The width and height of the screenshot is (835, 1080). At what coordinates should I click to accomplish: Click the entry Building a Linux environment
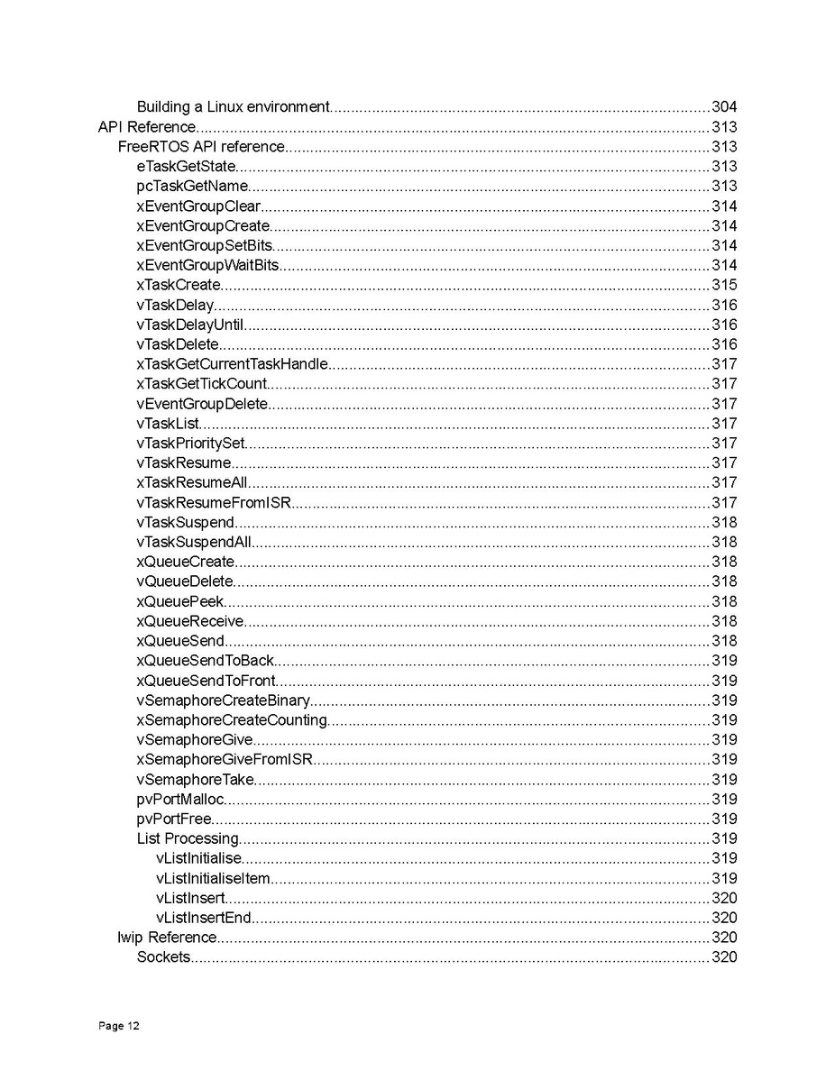coord(233,107)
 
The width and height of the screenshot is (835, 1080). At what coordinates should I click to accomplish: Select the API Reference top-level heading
coord(146,127)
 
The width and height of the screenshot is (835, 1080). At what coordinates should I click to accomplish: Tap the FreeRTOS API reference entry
coord(201,147)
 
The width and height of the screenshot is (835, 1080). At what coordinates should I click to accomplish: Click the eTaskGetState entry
coord(186,167)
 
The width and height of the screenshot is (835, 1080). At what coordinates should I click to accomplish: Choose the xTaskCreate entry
coord(179,286)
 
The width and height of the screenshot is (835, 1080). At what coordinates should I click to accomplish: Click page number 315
coord(724,286)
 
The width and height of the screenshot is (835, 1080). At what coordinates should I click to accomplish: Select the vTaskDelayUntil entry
coord(190,325)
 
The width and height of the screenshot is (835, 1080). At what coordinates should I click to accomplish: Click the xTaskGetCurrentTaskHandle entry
coord(232,364)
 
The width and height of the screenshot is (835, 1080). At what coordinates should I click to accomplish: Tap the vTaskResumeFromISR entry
coord(214,503)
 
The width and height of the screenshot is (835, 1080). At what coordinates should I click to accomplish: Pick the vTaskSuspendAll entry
coord(194,543)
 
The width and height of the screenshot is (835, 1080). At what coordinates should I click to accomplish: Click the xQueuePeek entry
coord(180,602)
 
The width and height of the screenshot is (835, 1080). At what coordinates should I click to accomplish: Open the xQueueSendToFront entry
coord(206,681)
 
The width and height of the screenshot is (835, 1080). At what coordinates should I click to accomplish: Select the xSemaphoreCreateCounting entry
coord(231,720)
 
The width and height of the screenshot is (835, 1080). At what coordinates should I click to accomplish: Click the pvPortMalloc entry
coord(180,800)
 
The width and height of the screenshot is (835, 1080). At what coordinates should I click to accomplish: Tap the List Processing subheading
coord(188,839)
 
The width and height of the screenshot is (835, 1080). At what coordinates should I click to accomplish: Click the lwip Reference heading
coord(167,938)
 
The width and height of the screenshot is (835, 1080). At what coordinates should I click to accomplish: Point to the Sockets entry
coord(163,957)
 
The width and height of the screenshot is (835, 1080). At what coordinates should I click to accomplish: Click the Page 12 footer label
coord(119,1026)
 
